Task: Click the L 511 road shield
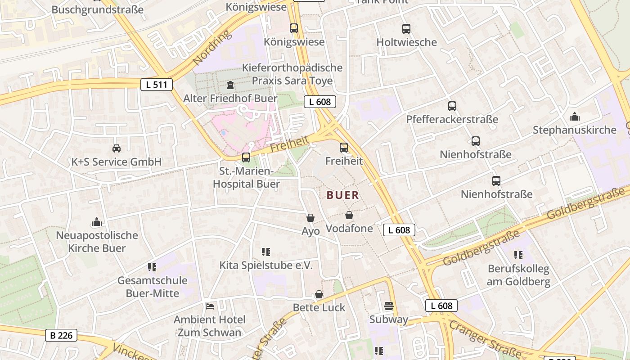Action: point(157,84)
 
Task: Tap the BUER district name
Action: point(343,195)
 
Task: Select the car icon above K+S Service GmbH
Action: point(116,148)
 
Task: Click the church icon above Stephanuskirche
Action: point(574,117)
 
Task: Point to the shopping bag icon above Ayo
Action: point(310,218)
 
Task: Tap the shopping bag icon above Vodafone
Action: point(349,216)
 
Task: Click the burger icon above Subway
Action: point(389,306)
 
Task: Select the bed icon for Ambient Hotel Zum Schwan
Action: point(210,306)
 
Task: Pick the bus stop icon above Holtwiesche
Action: point(406,29)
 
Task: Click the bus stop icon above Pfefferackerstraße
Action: point(452,106)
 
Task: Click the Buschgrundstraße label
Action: point(98,9)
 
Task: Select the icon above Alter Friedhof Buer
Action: point(230,85)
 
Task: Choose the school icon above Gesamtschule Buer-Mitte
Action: point(152,267)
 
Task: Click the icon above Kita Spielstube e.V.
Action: point(266,252)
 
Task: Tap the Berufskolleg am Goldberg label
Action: point(519,275)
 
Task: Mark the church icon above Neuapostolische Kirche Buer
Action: point(97,222)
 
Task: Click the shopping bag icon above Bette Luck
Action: point(319,295)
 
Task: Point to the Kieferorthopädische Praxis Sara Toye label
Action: point(292,74)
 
